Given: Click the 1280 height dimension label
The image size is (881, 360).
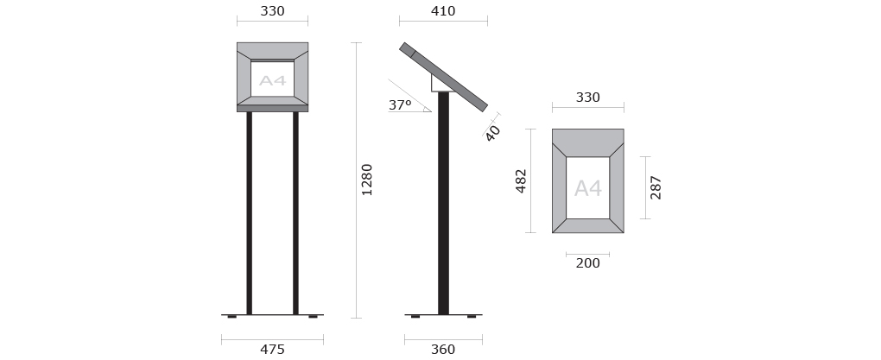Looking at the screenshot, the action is click(x=367, y=180).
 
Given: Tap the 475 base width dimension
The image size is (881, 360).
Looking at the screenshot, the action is click(x=272, y=350).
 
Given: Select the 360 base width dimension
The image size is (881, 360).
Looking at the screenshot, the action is click(x=443, y=350).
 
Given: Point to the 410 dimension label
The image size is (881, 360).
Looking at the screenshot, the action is click(x=443, y=11).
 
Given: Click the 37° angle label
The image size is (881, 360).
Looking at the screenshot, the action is click(x=400, y=105).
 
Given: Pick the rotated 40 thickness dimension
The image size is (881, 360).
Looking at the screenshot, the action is click(x=492, y=133).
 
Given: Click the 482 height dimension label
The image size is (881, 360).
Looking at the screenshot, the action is click(x=521, y=180).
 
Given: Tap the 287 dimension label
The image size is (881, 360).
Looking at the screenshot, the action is click(x=656, y=187).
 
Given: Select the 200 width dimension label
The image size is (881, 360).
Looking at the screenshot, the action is click(x=587, y=262).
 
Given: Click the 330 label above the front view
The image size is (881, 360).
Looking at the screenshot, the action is click(x=272, y=11).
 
